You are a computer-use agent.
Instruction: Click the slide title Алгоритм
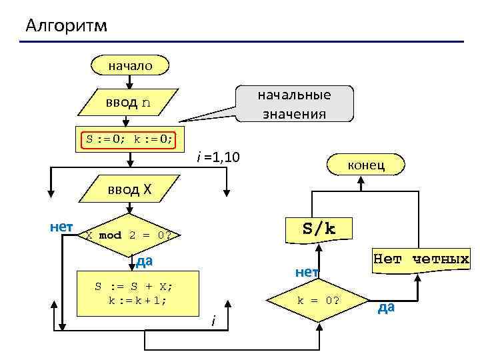point(65,26)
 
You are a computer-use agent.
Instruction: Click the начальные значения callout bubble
point(295,103)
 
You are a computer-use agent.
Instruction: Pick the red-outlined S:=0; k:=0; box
point(130,139)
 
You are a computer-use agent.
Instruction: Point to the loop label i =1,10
point(219,157)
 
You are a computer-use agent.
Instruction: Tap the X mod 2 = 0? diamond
point(129,235)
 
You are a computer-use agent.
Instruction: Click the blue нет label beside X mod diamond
point(62,227)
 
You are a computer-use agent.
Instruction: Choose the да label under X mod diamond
point(144,261)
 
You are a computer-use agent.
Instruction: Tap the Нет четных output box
point(421,259)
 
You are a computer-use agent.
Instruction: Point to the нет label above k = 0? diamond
point(307,271)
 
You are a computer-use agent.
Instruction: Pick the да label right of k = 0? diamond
point(386,307)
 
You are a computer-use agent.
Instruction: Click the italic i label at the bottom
point(213,322)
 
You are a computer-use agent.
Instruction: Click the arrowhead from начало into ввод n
point(130,83)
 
